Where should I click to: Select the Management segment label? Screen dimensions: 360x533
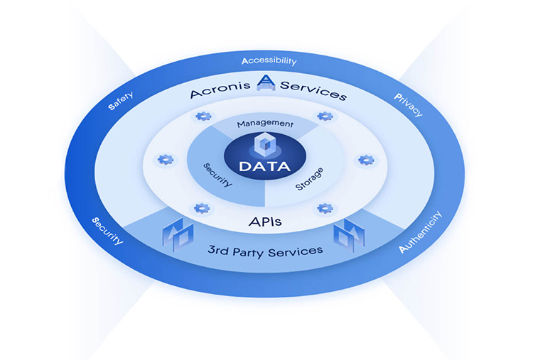point(265,124)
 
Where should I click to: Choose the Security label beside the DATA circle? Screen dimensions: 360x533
point(217,173)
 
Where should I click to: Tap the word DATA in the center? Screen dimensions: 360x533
point(264,167)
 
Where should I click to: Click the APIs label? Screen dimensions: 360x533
point(264,222)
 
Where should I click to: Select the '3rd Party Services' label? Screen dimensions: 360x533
point(265,250)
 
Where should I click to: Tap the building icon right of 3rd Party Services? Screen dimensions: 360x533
point(349,232)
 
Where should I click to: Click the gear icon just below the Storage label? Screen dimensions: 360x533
point(324,208)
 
